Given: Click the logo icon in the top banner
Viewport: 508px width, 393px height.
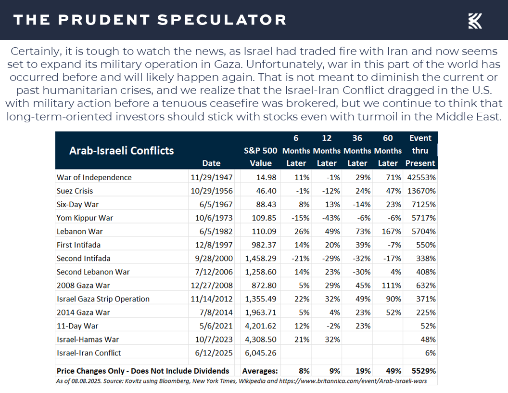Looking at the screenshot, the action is click(x=475, y=21).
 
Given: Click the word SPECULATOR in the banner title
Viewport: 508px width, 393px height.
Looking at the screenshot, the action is click(x=222, y=20).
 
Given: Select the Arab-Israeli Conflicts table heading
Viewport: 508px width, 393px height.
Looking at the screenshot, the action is click(x=122, y=151).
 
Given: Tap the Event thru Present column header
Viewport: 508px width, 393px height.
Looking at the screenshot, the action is click(x=420, y=151).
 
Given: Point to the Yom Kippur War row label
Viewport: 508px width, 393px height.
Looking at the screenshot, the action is click(x=85, y=218).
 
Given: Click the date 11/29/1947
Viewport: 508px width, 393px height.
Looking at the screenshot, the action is click(x=212, y=177).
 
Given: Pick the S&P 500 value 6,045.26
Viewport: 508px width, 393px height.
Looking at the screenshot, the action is click(x=261, y=353).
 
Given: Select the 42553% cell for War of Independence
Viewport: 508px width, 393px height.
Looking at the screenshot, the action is click(x=421, y=177).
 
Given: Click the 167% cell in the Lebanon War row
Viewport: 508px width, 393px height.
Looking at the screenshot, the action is click(x=392, y=232).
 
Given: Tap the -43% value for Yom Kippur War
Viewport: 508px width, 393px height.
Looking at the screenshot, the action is click(x=331, y=218).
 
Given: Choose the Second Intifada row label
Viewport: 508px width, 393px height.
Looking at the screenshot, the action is click(x=84, y=259).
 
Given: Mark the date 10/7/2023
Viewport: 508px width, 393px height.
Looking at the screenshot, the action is click(x=214, y=340).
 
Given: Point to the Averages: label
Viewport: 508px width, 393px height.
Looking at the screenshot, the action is click(x=260, y=371).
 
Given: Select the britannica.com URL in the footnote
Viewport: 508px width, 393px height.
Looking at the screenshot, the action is click(x=353, y=381).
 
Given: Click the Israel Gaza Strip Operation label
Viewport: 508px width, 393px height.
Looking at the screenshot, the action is click(x=103, y=299).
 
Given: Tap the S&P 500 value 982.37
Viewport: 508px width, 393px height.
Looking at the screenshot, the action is click(x=264, y=245).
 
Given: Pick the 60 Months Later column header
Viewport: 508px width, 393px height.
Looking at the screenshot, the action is click(x=388, y=151).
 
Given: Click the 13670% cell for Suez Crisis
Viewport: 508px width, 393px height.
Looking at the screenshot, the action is click(x=421, y=191).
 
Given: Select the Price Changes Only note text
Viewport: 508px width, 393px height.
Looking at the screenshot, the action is click(x=143, y=371).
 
